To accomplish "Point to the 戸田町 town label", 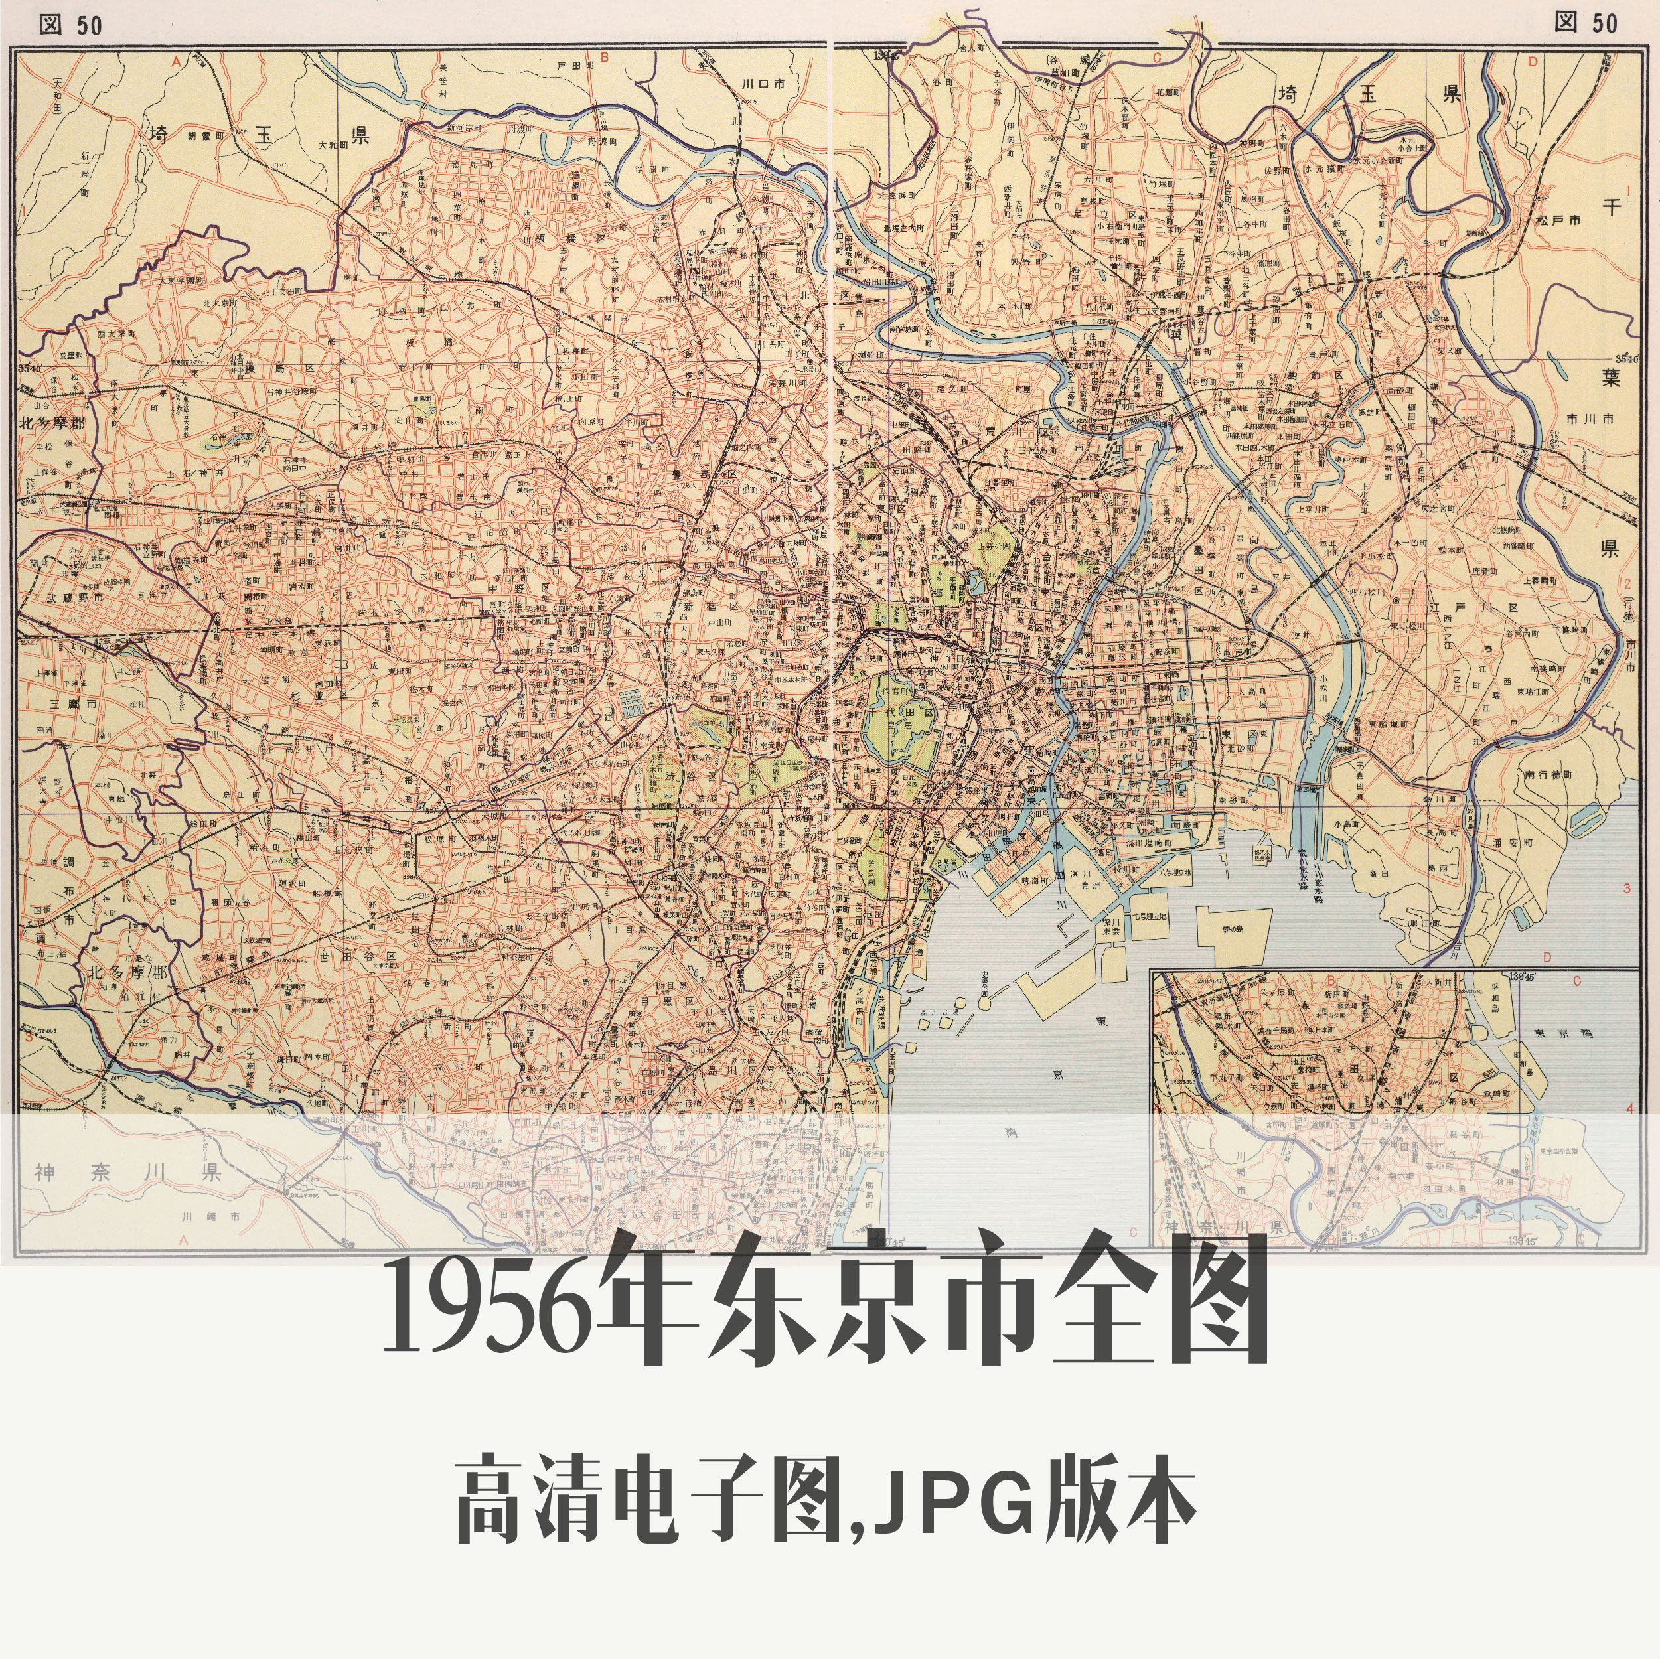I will tap(575, 64).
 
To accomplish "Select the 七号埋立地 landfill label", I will tap(1150, 916).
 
